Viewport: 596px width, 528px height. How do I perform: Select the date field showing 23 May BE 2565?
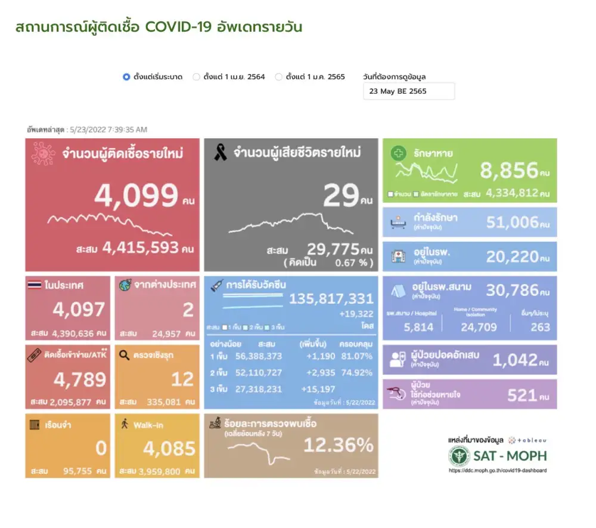pos(408,91)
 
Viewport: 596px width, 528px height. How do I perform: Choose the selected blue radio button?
pos(126,77)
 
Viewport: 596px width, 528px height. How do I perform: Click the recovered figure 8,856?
pos(509,171)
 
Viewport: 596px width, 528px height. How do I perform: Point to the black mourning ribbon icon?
pos(220,153)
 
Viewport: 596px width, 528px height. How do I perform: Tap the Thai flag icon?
pos(35,285)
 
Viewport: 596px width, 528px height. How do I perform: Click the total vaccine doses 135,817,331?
pos(331,299)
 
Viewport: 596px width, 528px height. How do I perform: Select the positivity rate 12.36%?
pos(339,445)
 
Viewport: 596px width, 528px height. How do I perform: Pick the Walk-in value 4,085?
pos(169,449)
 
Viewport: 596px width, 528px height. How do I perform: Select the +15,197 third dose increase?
pos(315,389)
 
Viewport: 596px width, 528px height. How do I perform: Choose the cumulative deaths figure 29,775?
pos(333,249)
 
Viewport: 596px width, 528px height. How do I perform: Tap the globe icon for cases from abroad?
pos(125,285)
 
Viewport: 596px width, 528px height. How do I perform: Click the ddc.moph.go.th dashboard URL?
pos(498,470)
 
